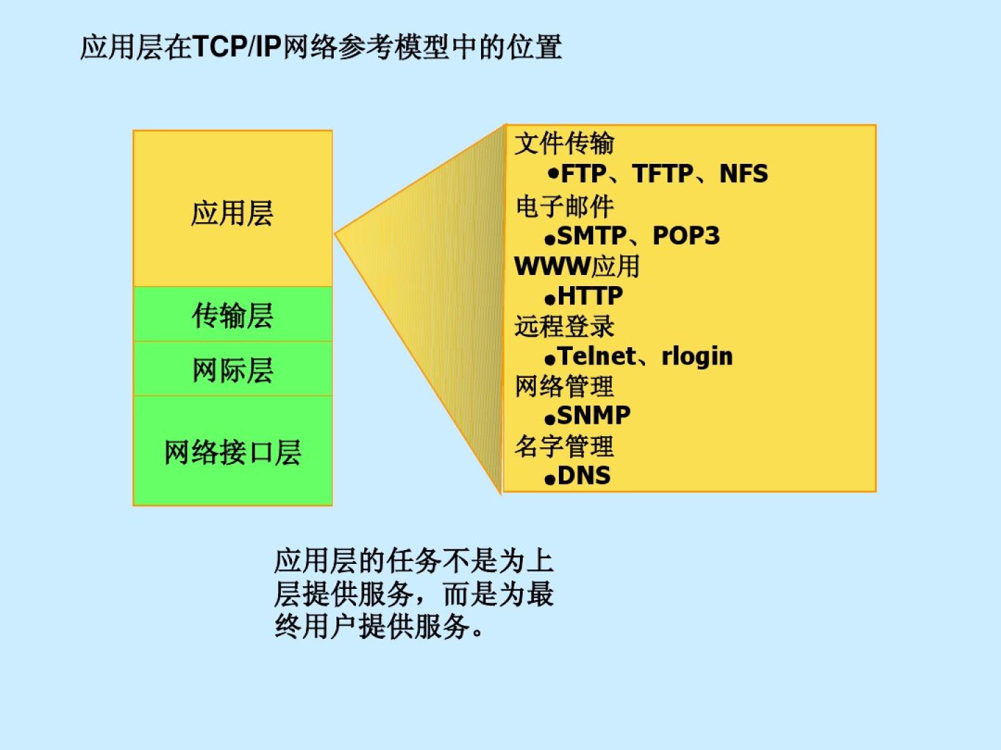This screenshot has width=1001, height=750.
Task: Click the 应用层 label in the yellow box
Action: [x=231, y=213]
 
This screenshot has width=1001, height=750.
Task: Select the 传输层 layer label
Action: [x=232, y=315]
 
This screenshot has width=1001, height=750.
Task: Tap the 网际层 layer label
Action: [x=233, y=370]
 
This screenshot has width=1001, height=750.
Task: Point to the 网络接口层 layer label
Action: [x=233, y=453]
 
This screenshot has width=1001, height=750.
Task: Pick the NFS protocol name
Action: [x=743, y=174]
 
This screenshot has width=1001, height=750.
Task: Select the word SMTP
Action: [x=592, y=236]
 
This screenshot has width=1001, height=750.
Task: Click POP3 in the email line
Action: [x=686, y=236]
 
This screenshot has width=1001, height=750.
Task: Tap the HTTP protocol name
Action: [x=589, y=296]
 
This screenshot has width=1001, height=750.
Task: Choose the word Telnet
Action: [x=596, y=356]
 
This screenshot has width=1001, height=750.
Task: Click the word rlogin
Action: [x=697, y=356]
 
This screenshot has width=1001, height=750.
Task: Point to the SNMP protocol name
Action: [x=594, y=415]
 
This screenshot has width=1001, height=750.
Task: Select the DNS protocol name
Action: [x=584, y=476]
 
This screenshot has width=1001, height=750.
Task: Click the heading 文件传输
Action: [x=564, y=144]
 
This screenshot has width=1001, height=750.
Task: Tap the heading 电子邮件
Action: [x=564, y=206]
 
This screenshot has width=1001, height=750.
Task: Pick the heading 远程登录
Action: [x=564, y=326]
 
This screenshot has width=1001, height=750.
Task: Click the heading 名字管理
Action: [x=564, y=447]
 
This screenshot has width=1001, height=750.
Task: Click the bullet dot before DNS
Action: [x=550, y=479]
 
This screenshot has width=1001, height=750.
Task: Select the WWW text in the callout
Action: [x=552, y=266]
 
